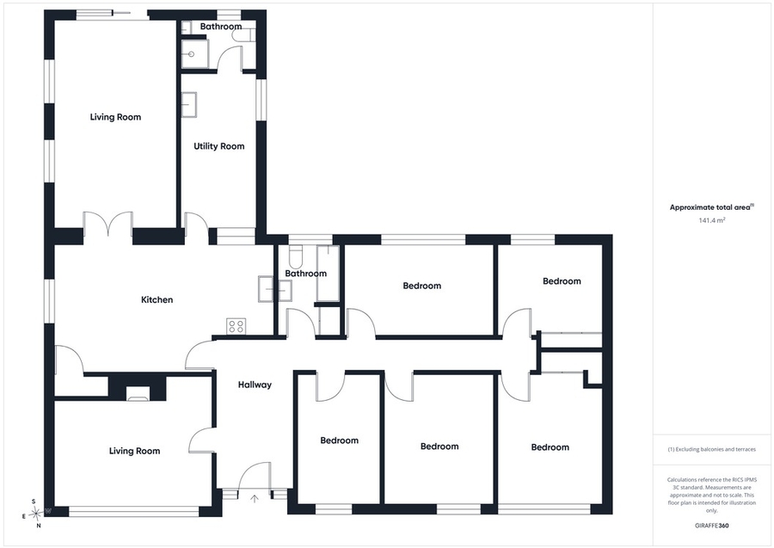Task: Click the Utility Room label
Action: point(218,146)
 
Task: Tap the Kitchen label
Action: point(157,299)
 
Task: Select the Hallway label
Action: point(255,385)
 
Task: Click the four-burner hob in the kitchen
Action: point(236,326)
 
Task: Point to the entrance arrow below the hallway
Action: point(255,498)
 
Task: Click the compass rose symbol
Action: point(35,514)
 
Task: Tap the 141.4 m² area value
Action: point(712,220)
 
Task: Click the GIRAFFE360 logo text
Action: point(711,526)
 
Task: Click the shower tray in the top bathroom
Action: point(195,54)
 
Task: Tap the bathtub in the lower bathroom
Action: point(328,273)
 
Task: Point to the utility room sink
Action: point(188,105)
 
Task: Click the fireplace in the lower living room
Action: point(138,393)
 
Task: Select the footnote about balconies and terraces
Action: point(711,449)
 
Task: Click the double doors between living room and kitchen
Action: point(108,223)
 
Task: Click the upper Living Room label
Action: point(115,117)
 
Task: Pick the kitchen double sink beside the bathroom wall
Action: point(274,289)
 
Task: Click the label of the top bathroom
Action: point(221,26)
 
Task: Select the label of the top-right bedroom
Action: point(562,281)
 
